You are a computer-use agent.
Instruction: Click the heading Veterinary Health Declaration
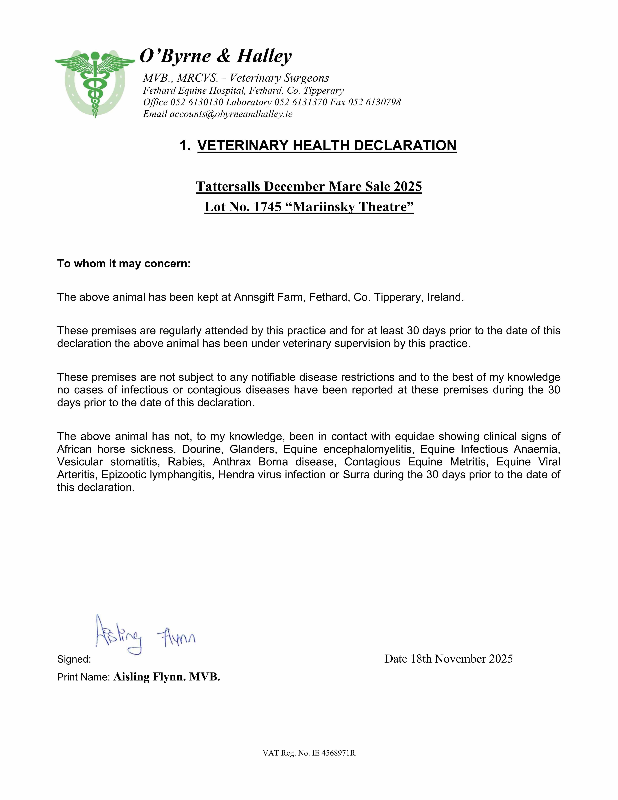click(327, 145)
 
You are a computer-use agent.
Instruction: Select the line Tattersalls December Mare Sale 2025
click(309, 186)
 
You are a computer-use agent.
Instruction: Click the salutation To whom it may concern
click(124, 264)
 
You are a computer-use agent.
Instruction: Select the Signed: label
click(74, 659)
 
